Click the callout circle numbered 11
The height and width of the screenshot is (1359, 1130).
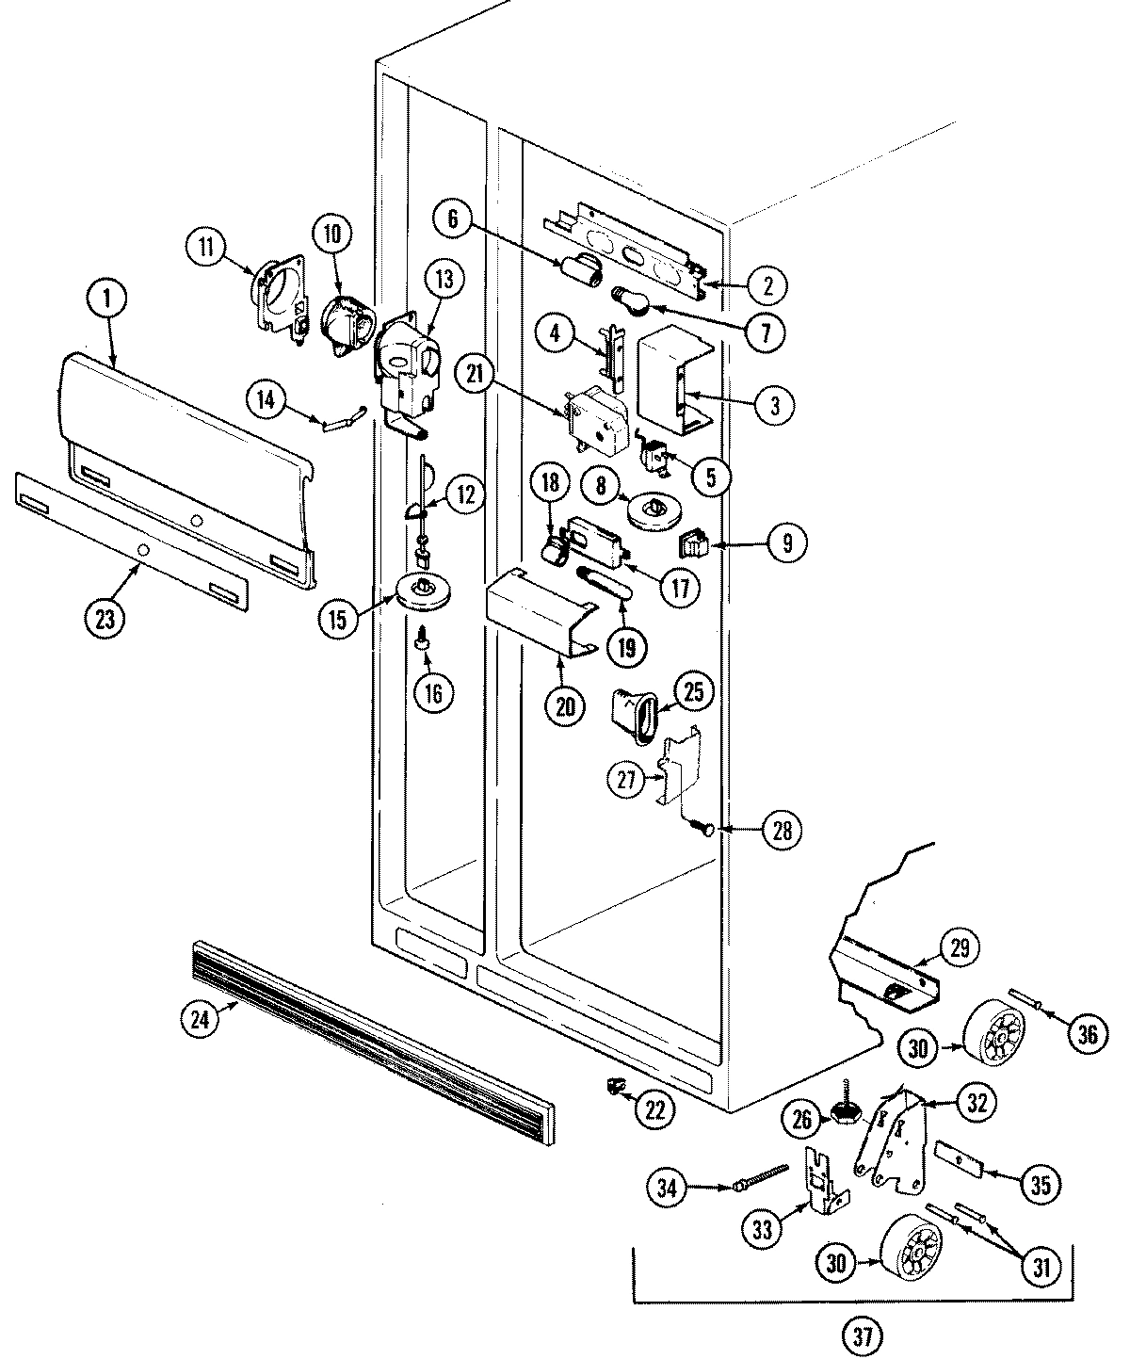[x=207, y=248]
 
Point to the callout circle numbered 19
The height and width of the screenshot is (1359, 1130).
[x=626, y=646]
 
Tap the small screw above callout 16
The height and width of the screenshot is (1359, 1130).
[x=423, y=640]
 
